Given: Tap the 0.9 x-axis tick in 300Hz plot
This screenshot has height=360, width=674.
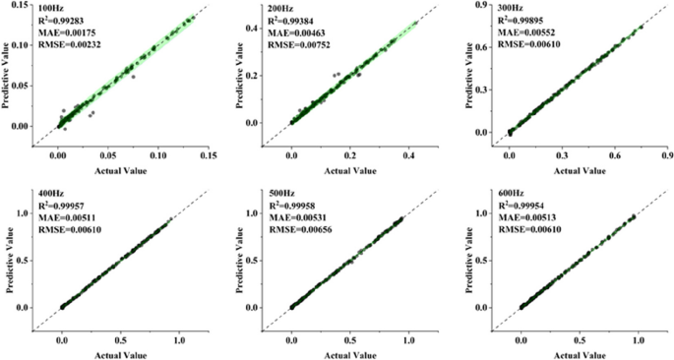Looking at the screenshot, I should click(x=666, y=156).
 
